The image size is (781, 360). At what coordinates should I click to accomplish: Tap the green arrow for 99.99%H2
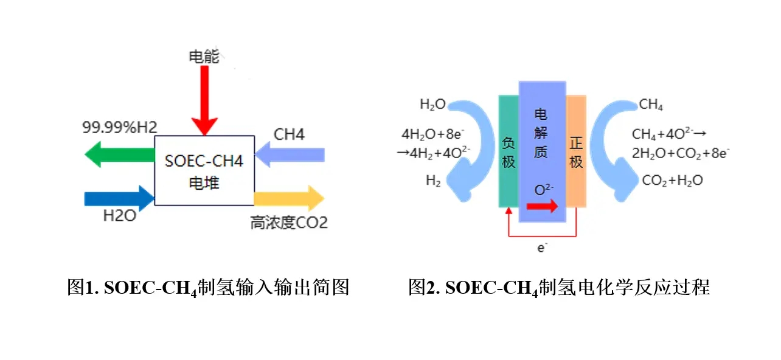(x=119, y=153)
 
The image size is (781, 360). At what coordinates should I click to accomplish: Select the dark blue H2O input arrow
(x=119, y=197)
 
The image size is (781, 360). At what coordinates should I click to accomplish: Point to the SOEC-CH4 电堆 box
(x=204, y=171)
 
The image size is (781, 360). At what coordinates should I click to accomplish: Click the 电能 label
(x=204, y=57)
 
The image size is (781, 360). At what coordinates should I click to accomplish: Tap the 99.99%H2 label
(x=120, y=128)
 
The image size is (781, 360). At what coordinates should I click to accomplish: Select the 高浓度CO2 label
(x=289, y=223)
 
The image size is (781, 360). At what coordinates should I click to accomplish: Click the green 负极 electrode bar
(x=508, y=151)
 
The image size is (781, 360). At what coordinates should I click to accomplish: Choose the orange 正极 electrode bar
(x=576, y=151)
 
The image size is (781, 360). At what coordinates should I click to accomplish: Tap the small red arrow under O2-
(x=541, y=207)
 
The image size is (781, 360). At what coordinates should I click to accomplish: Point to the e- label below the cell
(x=541, y=246)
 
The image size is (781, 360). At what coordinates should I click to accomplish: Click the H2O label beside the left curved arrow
(x=432, y=105)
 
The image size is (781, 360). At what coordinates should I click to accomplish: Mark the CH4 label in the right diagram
(x=651, y=105)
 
